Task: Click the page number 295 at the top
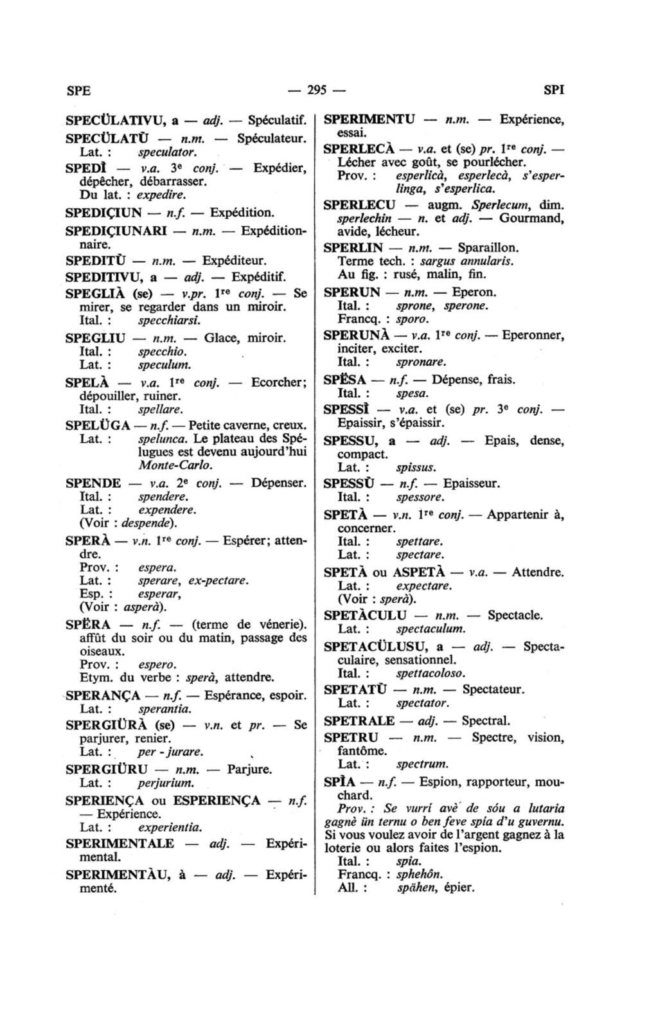pyautogui.click(x=317, y=90)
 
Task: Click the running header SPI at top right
pyautogui.click(x=554, y=90)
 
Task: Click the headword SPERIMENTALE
pyautogui.click(x=120, y=843)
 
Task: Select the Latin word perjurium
pyautogui.click(x=166, y=783)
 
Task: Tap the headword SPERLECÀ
pyautogui.click(x=357, y=149)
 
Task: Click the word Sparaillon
pyautogui.click(x=488, y=247)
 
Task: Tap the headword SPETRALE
pyautogui.click(x=360, y=720)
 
